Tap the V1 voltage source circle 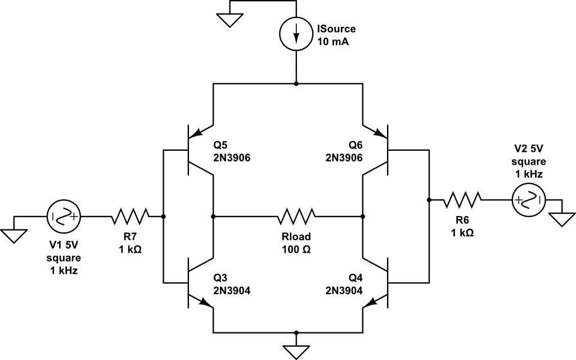pyautogui.click(x=64, y=217)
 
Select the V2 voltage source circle pyautogui.click(x=528, y=200)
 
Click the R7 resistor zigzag pyautogui.click(x=130, y=217)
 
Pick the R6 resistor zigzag pyautogui.click(x=462, y=200)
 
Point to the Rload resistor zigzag pyautogui.click(x=296, y=217)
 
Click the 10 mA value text pyautogui.click(x=333, y=42)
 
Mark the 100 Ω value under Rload pyautogui.click(x=296, y=249)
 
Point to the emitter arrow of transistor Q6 pyautogui.click(x=380, y=134)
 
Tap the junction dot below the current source pyautogui.click(x=296, y=84)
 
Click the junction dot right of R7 pyautogui.click(x=164, y=217)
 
